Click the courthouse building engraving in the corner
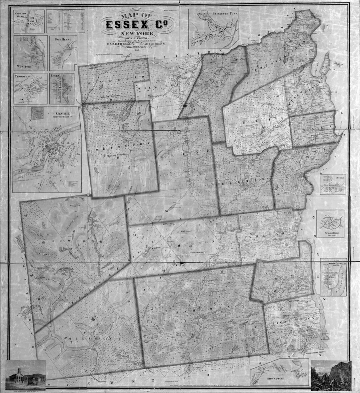(x=26, y=374)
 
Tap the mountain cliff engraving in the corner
(x=331, y=375)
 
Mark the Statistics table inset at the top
(x=65, y=21)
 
